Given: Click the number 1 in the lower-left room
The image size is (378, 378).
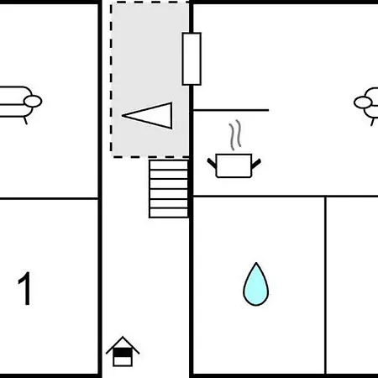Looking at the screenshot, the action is pyautogui.click(x=24, y=288).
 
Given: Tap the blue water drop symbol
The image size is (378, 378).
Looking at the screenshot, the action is pyautogui.click(x=255, y=284).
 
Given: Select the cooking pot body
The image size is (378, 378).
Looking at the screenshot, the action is pyautogui.click(x=234, y=165).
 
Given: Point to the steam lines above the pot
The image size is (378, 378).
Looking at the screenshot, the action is pyautogui.click(x=235, y=135).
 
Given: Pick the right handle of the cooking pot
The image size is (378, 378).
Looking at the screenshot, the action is pyautogui.click(x=256, y=164).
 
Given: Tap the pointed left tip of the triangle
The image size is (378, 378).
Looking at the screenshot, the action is pyautogui.click(x=123, y=115).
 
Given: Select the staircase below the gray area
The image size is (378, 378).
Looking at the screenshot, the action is pyautogui.click(x=169, y=188).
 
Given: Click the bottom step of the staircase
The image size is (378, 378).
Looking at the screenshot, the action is pyautogui.click(x=169, y=213).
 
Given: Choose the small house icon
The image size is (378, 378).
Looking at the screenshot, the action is pyautogui.click(x=123, y=351).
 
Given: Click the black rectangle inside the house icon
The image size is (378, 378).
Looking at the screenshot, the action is pyautogui.click(x=123, y=352).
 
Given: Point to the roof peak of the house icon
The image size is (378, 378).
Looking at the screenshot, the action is pyautogui.click(x=123, y=337).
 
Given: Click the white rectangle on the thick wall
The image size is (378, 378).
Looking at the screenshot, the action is pyautogui.click(x=192, y=59).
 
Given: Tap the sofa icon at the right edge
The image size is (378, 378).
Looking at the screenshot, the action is pyautogui.click(x=367, y=103).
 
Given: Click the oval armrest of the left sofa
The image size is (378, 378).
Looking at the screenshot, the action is pyautogui.click(x=33, y=102).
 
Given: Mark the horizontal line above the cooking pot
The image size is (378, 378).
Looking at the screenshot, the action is pyautogui.click(x=231, y=110).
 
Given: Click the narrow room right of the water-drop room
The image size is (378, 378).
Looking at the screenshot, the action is pyautogui.click(x=352, y=285).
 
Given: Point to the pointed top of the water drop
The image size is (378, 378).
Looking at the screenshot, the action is pyautogui.click(x=256, y=263).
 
